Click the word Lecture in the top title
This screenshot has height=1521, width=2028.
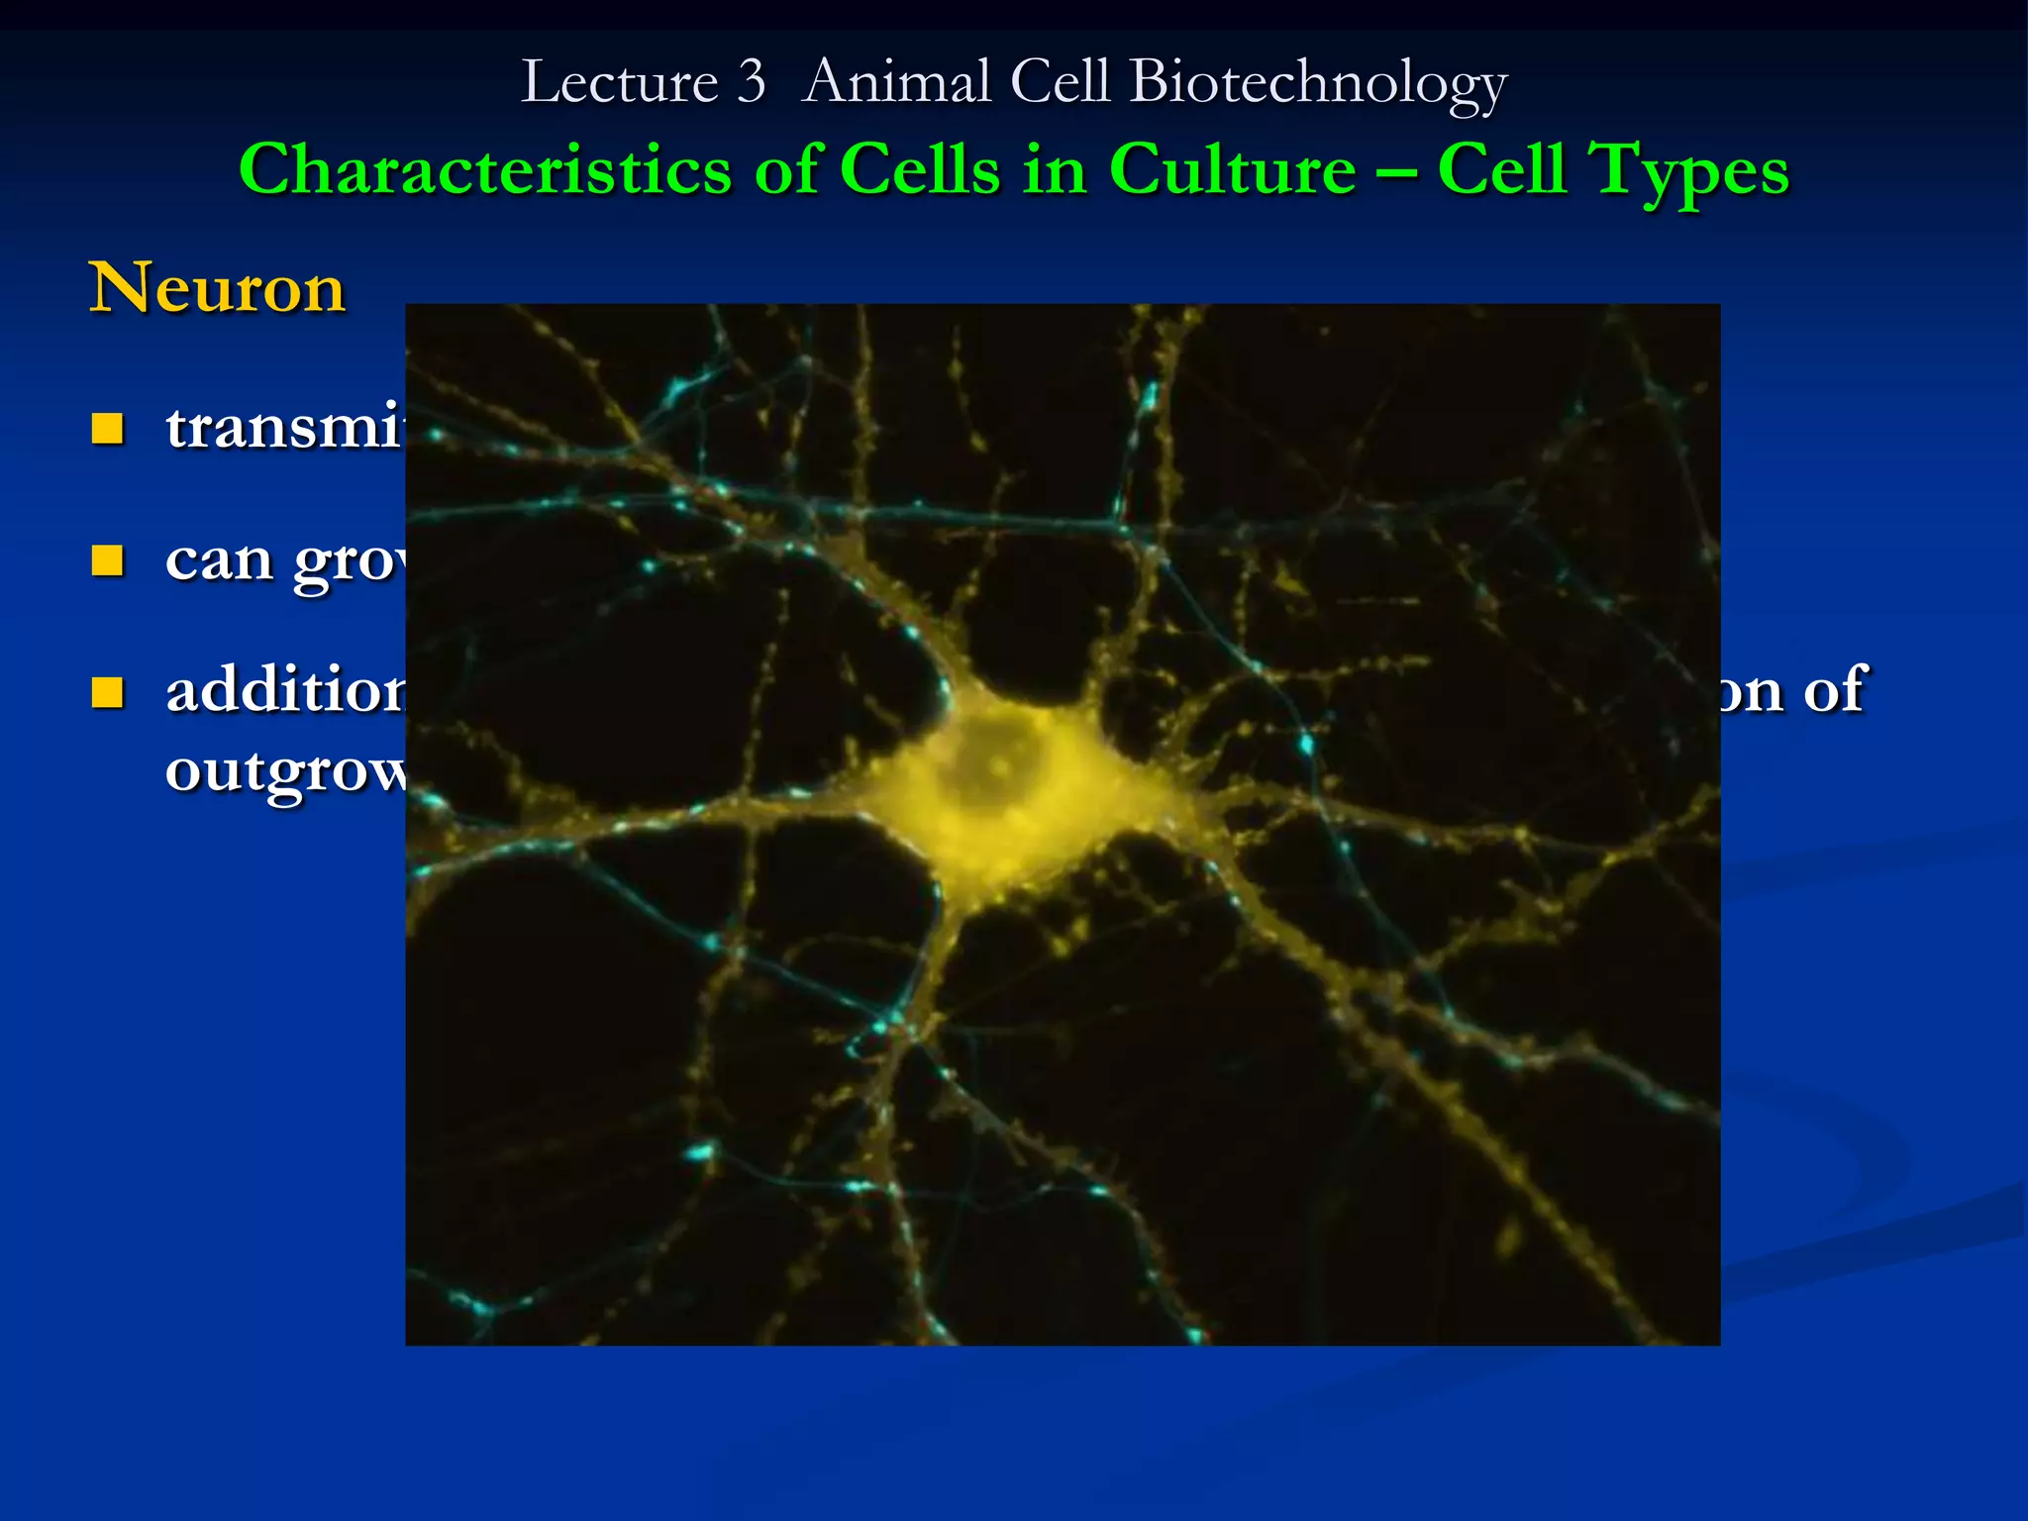(619, 82)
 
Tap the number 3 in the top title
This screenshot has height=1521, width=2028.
(752, 82)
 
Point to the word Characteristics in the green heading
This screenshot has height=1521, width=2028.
(485, 169)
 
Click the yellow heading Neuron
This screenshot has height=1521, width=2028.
(217, 289)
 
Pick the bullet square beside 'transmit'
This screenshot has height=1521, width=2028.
(107, 429)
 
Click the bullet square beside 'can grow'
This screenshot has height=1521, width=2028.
(107, 560)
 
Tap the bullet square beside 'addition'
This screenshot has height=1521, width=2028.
(107, 692)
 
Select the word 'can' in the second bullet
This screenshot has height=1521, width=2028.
(219, 560)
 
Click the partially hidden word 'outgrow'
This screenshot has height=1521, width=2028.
(285, 770)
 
